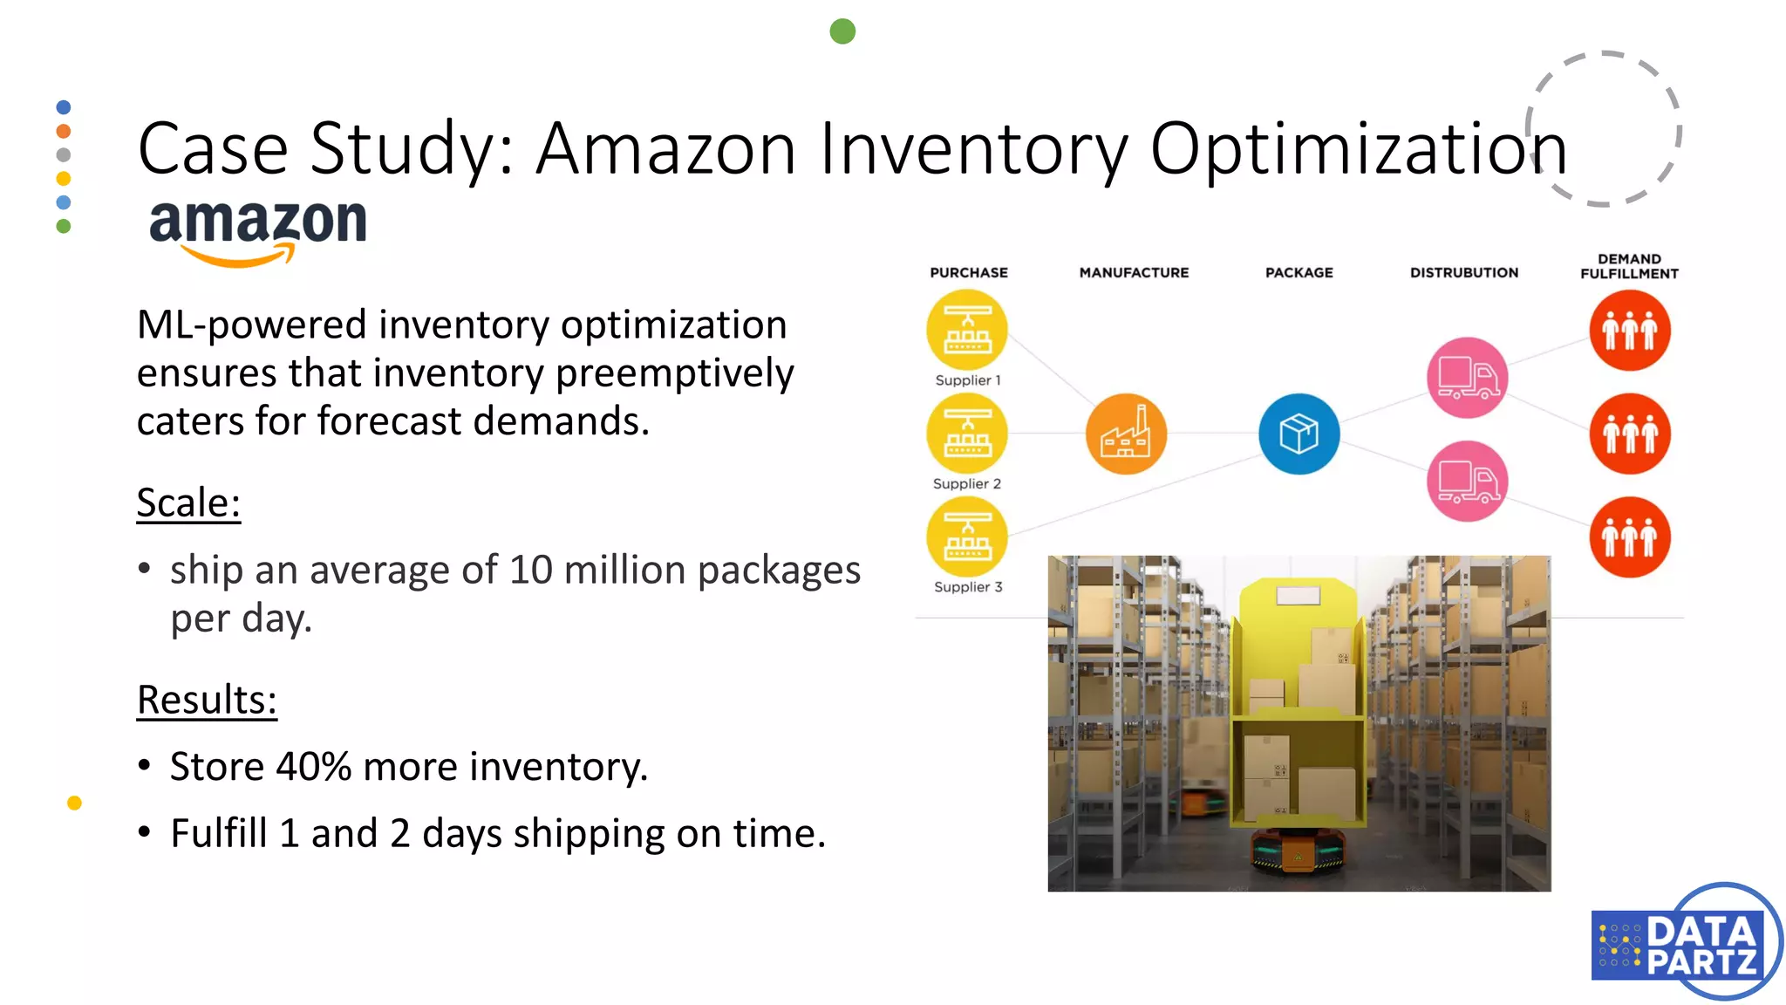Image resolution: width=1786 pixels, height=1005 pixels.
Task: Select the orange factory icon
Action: click(1126, 434)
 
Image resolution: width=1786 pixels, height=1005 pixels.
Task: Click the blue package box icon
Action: click(1299, 434)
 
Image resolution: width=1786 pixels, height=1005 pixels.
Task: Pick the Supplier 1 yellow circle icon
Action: click(967, 331)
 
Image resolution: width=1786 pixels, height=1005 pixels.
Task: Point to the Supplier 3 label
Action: click(968, 587)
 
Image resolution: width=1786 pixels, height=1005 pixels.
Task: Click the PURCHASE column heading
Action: click(968, 272)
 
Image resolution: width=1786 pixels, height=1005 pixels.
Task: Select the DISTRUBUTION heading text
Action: click(1464, 272)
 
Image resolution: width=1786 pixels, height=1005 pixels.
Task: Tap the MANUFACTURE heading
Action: click(1134, 272)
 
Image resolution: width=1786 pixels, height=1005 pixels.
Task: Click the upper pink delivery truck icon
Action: click(1468, 378)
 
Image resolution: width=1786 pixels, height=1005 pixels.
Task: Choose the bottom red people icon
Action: click(1629, 537)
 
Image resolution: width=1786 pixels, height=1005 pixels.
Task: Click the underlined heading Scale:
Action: click(188, 503)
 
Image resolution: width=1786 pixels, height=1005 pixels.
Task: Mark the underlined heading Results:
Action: click(207, 701)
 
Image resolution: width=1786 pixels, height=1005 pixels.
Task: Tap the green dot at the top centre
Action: click(842, 31)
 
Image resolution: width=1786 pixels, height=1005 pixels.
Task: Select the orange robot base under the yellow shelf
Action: click(1298, 851)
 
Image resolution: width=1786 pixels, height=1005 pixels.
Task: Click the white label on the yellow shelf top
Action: click(1299, 596)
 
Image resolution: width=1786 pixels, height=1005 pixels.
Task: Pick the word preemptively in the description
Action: click(674, 373)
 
